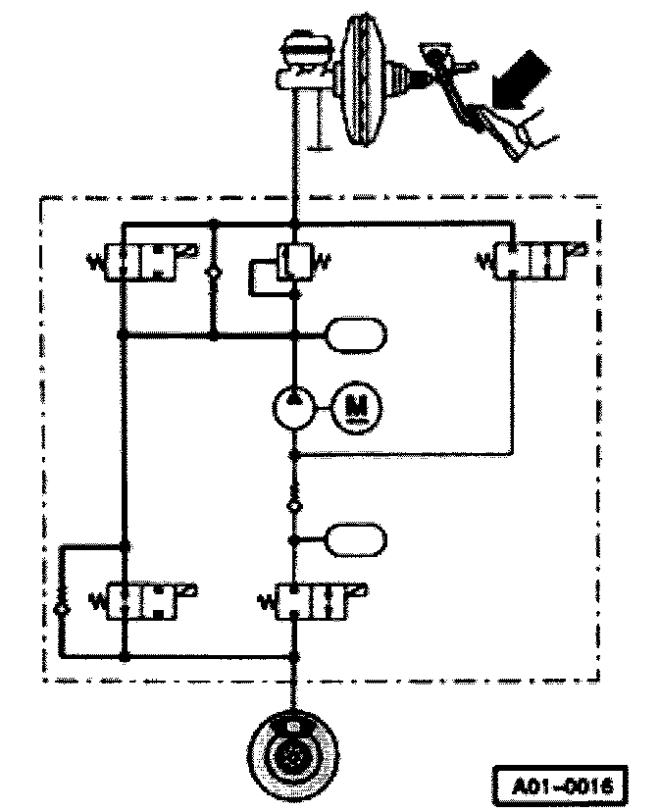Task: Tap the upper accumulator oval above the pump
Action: [356, 335]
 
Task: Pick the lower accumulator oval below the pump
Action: [356, 538]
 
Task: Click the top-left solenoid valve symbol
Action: [141, 262]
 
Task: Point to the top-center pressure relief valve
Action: [293, 262]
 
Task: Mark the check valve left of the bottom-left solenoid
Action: [63, 610]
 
